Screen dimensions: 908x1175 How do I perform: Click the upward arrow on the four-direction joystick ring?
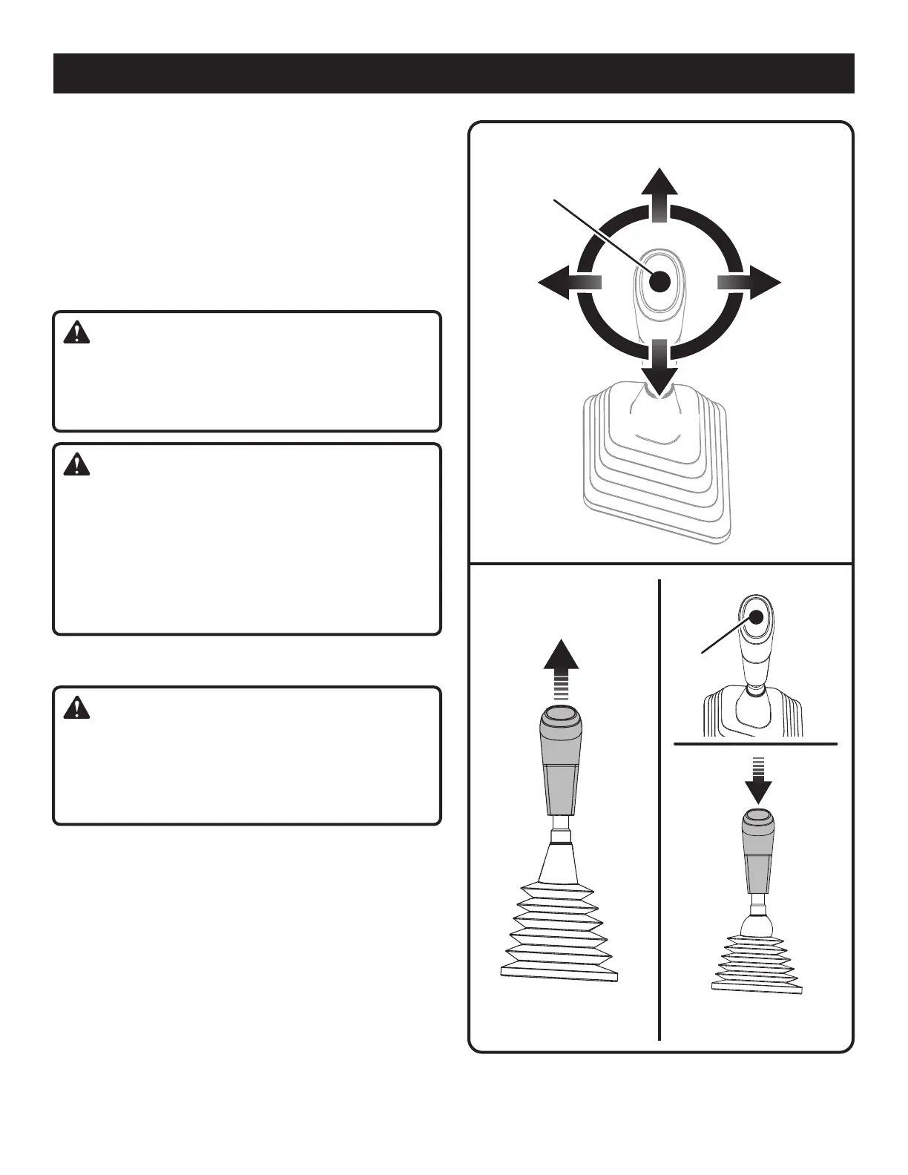(x=659, y=191)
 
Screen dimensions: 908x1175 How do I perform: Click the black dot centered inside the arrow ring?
(x=659, y=282)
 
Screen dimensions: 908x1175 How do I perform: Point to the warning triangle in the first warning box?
(x=76, y=334)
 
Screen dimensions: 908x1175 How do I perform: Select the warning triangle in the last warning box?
(x=76, y=709)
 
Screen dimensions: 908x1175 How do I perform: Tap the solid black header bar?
(x=453, y=73)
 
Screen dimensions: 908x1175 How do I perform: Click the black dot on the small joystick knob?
(x=757, y=617)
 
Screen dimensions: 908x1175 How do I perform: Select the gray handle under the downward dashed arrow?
(x=757, y=854)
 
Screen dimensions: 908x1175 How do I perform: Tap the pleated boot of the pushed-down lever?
(x=757, y=964)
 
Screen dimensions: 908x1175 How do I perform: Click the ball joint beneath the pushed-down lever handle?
(x=757, y=924)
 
